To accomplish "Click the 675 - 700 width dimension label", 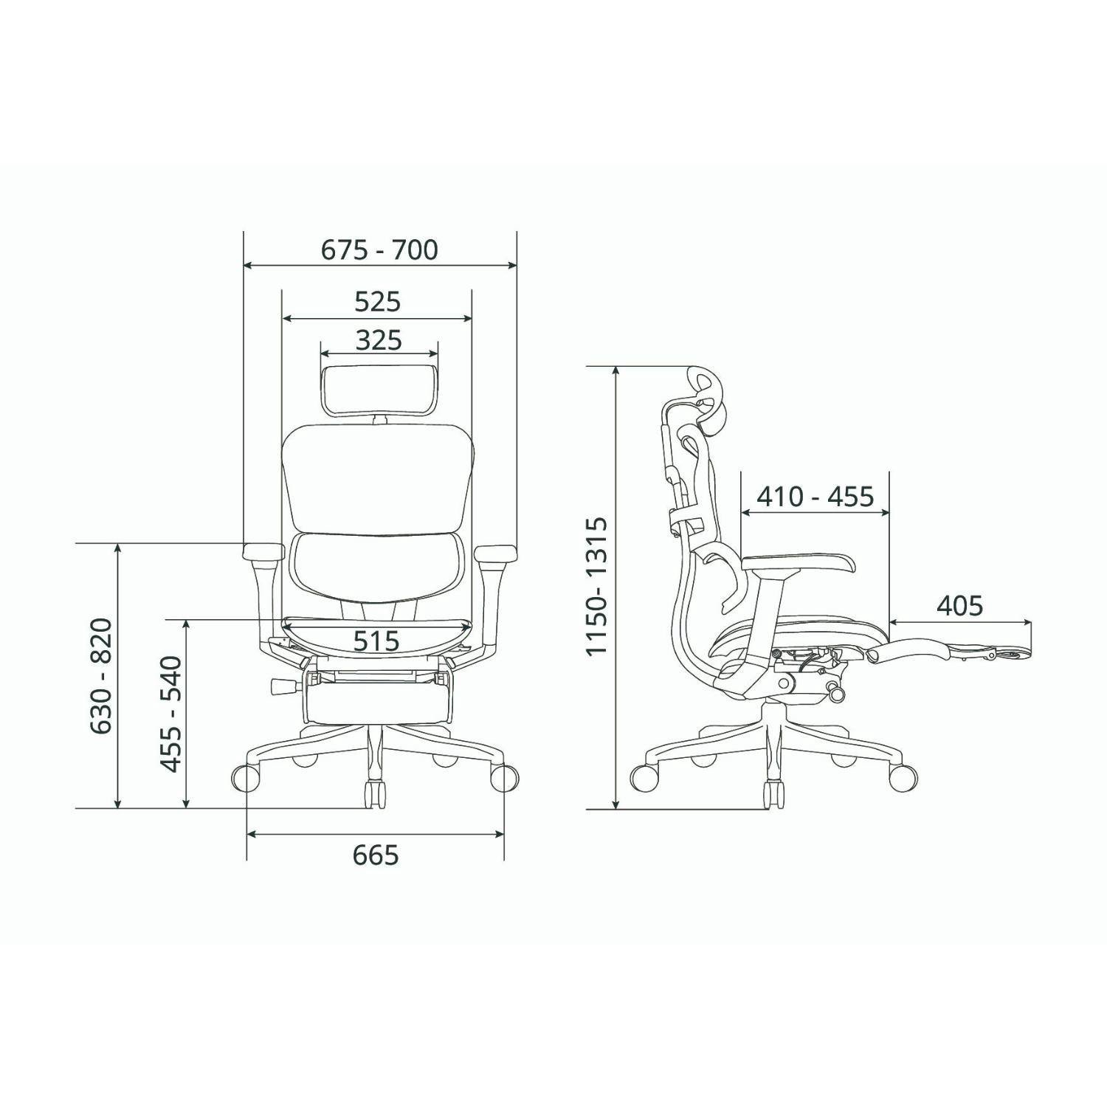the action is click(x=379, y=250).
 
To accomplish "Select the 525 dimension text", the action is click(x=377, y=302).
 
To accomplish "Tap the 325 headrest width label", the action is click(x=379, y=340).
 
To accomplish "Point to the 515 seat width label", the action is click(x=376, y=641).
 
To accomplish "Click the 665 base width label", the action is click(x=376, y=855).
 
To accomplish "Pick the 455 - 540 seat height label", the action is click(x=171, y=714).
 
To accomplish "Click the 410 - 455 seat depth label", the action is click(x=815, y=497).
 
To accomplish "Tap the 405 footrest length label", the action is click(x=959, y=606).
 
